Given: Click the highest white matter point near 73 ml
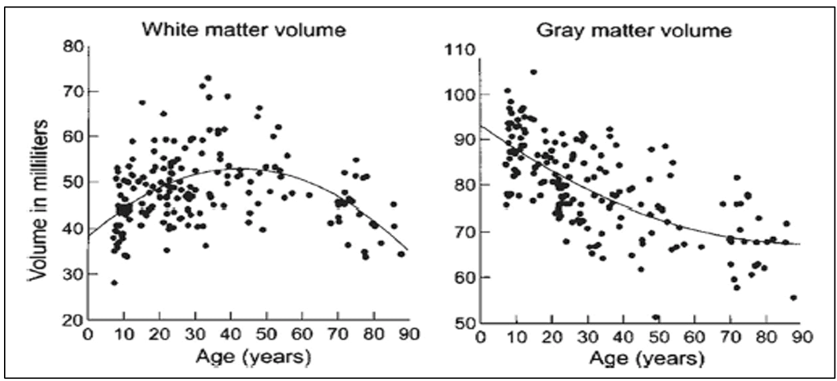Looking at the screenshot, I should pyautogui.click(x=208, y=78).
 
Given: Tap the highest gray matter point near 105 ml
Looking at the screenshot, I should pyautogui.click(x=534, y=71).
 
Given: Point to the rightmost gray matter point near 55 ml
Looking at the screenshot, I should pyautogui.click(x=794, y=298).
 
